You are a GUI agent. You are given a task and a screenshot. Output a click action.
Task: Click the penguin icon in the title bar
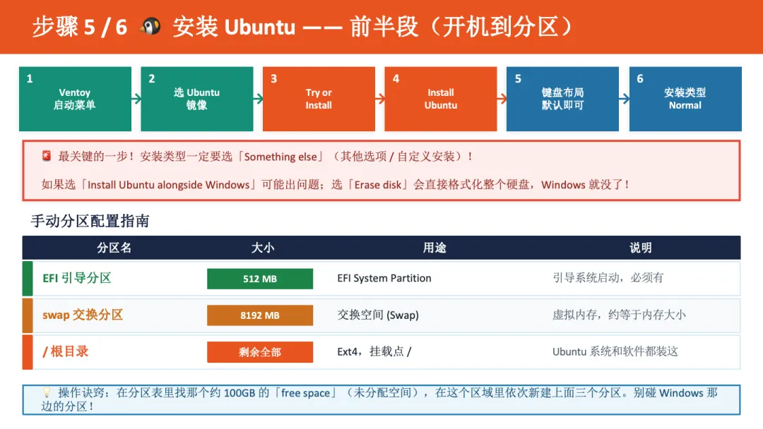click(149, 27)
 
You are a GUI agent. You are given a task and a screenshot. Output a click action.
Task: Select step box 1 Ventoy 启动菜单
click(75, 99)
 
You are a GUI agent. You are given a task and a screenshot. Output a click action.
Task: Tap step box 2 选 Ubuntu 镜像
click(196, 99)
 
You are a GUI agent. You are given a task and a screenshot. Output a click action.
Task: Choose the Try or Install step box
click(319, 99)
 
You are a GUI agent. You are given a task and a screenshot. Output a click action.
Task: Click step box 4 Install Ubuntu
click(441, 99)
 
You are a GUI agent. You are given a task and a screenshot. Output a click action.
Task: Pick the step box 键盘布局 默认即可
click(562, 99)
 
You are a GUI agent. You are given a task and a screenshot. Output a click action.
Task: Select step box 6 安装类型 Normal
click(685, 99)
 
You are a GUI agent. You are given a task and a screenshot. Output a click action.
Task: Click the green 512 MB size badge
click(260, 279)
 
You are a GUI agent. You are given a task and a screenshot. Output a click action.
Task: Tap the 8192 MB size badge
click(260, 315)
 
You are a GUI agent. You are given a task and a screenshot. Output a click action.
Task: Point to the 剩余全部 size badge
click(260, 352)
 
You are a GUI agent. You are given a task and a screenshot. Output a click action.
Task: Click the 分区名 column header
click(114, 248)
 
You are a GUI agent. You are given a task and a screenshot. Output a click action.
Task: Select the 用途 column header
click(434, 248)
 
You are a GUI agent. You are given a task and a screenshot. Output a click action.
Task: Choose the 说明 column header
click(640, 248)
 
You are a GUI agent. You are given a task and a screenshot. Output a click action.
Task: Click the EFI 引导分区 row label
click(77, 278)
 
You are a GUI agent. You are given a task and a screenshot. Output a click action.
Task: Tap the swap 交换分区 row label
click(83, 315)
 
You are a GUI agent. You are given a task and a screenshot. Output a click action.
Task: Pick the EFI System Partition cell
click(384, 278)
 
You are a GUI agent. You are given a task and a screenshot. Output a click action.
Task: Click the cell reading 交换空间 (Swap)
click(378, 315)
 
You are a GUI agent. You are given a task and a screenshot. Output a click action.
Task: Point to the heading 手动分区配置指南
click(90, 221)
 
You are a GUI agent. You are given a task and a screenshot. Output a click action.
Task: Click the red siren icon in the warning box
click(47, 156)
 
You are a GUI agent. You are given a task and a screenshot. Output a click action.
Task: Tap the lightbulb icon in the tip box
click(47, 392)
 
